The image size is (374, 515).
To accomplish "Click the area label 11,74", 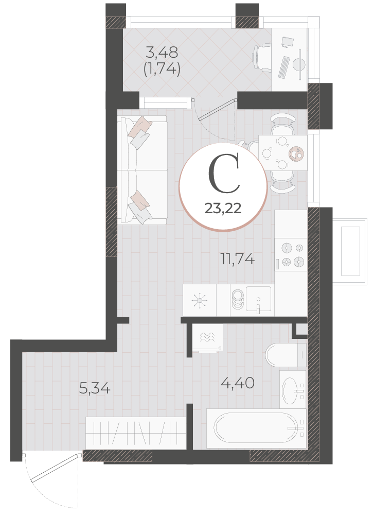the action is (238, 260).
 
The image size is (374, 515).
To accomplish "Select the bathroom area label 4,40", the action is (238, 383).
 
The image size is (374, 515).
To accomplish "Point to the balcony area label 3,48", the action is (162, 52).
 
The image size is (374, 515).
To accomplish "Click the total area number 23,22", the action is (223, 208).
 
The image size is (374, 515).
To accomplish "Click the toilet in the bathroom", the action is (286, 355).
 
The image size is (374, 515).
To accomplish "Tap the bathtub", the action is (256, 428).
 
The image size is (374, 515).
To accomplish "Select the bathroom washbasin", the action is (293, 389).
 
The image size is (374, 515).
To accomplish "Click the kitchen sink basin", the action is (259, 299).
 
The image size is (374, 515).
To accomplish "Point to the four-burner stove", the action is (291, 254).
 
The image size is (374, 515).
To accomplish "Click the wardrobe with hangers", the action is (135, 433).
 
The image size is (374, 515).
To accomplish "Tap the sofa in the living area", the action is (142, 170).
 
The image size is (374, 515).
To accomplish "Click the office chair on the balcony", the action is (262, 58).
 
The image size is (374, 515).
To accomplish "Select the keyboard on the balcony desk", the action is (284, 67).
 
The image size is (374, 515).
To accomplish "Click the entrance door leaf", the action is (55, 468).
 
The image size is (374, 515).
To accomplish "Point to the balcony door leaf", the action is (217, 109).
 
